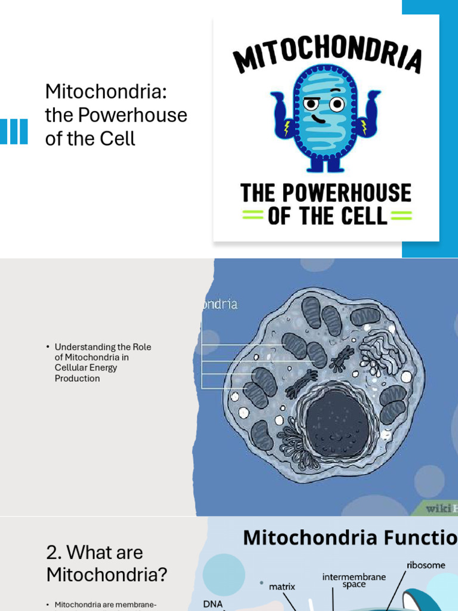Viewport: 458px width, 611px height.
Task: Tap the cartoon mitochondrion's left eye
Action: tap(311, 104)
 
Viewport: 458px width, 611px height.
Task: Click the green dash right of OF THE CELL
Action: tap(400, 216)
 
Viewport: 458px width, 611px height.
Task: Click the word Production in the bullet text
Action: tap(78, 378)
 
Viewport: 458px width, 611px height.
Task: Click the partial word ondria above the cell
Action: tap(218, 304)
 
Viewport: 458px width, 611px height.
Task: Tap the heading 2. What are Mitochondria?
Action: tap(107, 563)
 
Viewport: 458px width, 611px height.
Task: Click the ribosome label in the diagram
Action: tap(426, 564)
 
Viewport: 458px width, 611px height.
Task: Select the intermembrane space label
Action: tap(354, 581)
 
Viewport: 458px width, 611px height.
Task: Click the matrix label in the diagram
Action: tap(281, 587)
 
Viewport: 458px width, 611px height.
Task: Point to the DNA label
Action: tap(213, 604)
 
